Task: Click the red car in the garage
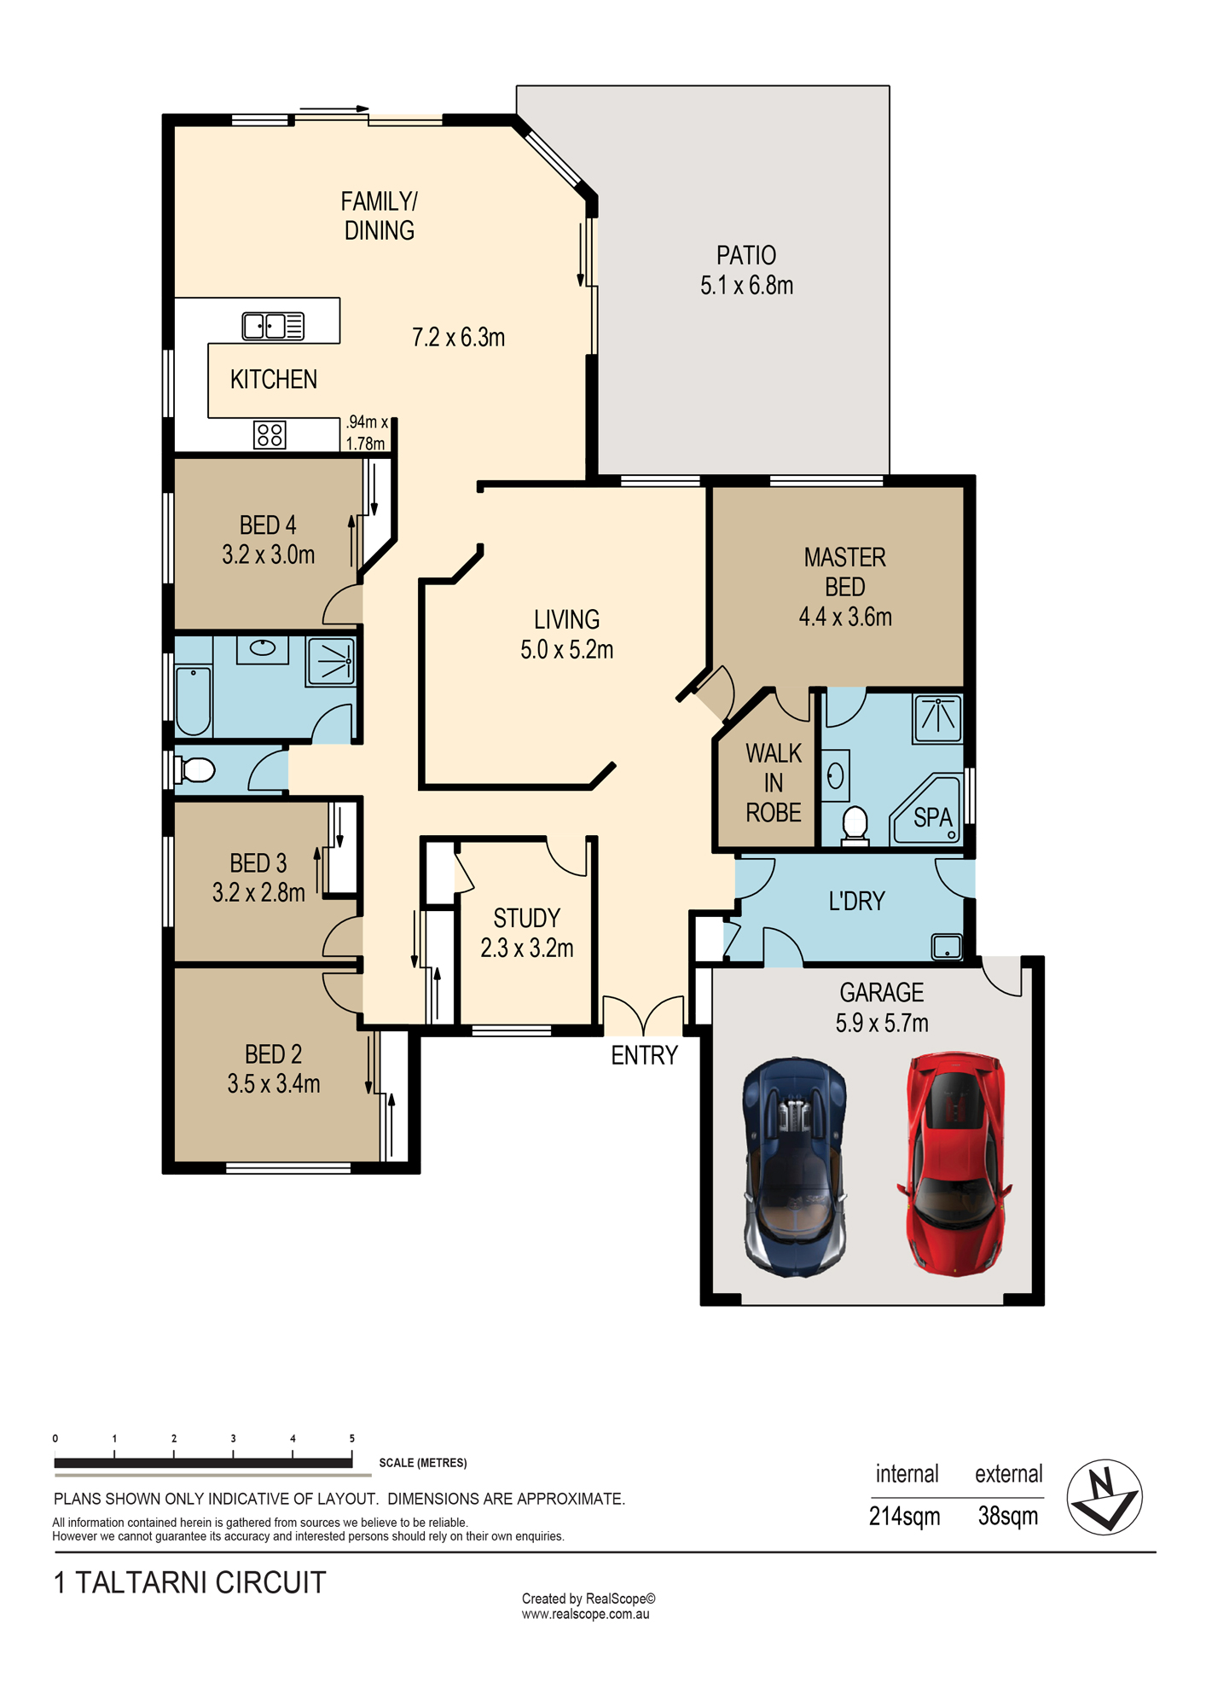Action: coord(954,1163)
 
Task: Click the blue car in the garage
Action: coord(795,1168)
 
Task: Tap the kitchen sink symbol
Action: coord(273,326)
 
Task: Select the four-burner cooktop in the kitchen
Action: coord(270,435)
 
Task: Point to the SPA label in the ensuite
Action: coord(932,817)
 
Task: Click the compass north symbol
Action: coord(1105,1497)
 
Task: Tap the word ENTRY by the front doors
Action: coord(644,1055)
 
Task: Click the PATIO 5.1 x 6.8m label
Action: coord(746,270)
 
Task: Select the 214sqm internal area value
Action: coord(904,1516)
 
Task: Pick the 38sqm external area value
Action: coord(1007,1516)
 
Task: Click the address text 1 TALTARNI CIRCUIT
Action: coord(189,1582)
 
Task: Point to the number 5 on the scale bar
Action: coord(351,1438)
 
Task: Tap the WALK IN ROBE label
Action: coord(774,783)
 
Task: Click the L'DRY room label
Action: coord(857,901)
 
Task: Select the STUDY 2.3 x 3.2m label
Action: coord(527,933)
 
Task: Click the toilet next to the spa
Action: coord(855,827)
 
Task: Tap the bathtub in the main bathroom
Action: coord(194,701)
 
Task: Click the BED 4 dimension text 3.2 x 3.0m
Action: coord(269,554)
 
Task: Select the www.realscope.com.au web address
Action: coord(586,1614)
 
